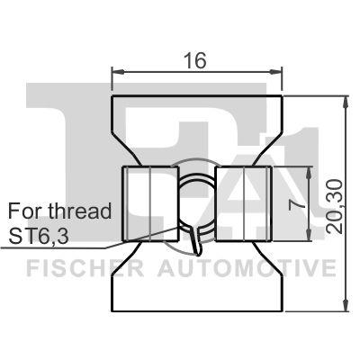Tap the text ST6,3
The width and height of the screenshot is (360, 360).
click(41, 236)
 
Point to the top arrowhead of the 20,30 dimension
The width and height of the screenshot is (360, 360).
click(346, 97)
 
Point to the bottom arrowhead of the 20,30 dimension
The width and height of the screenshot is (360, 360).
click(346, 306)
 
